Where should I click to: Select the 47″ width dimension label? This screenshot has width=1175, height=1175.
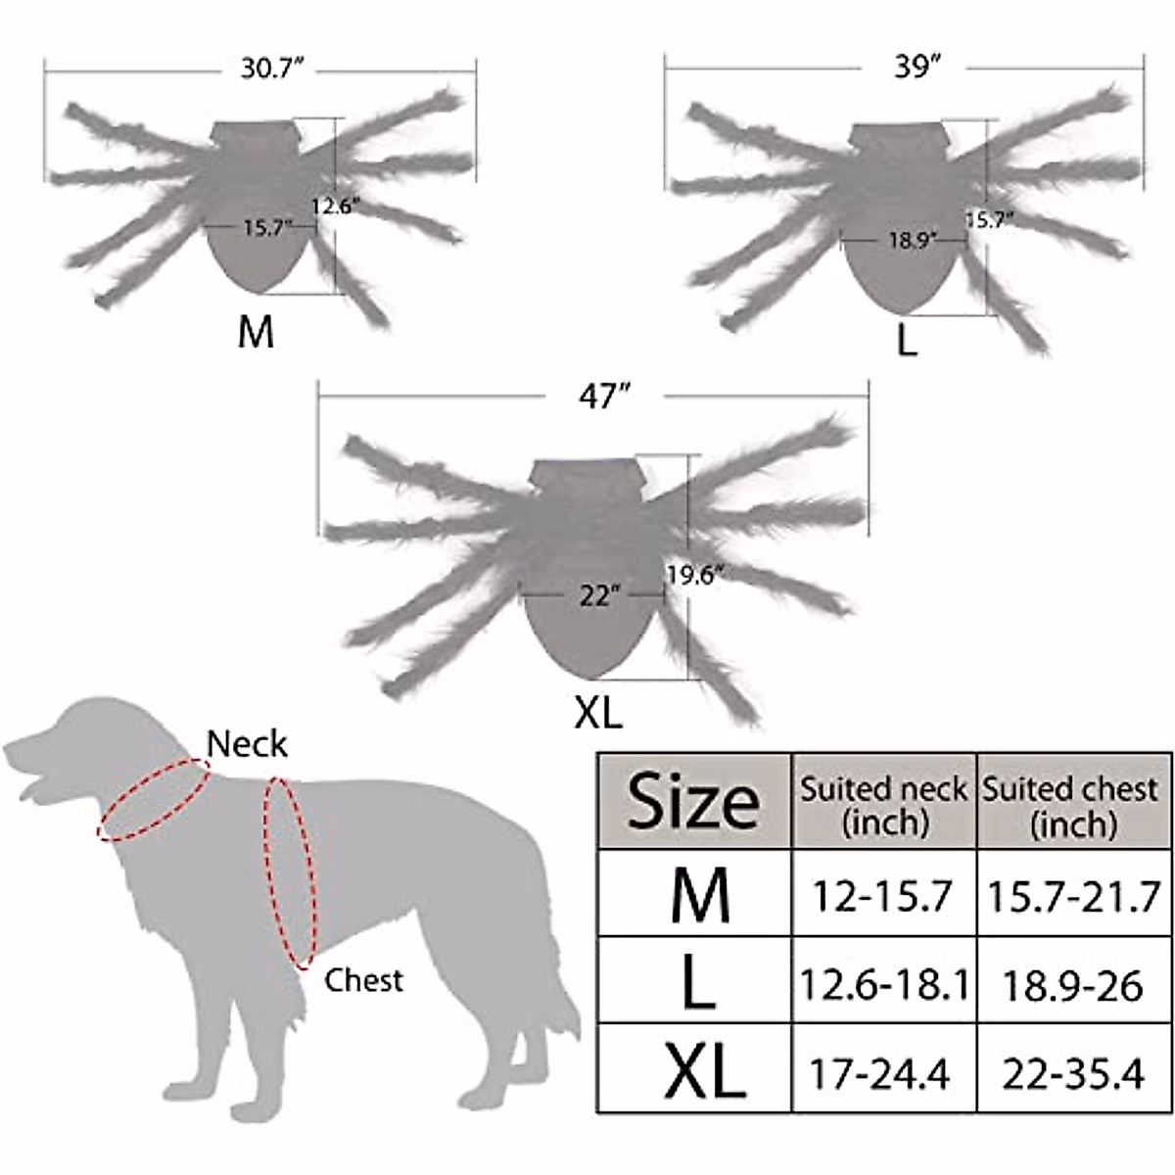click(x=602, y=398)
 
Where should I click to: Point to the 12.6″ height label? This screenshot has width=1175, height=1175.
click(x=336, y=207)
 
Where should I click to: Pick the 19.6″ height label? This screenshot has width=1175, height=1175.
click(x=694, y=575)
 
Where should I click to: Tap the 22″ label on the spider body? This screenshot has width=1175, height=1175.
click(x=594, y=594)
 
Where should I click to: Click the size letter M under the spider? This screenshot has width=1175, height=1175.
click(x=256, y=333)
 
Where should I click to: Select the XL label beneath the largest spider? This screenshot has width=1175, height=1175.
click(x=598, y=712)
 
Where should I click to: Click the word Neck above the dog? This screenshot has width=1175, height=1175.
click(x=248, y=744)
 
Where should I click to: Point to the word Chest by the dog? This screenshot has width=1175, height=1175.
click(x=363, y=979)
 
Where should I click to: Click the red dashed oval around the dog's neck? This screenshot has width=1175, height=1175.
click(x=152, y=798)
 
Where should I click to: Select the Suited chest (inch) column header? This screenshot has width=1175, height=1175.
click(x=1073, y=805)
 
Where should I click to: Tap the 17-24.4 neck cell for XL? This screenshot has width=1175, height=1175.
click(x=879, y=1073)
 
